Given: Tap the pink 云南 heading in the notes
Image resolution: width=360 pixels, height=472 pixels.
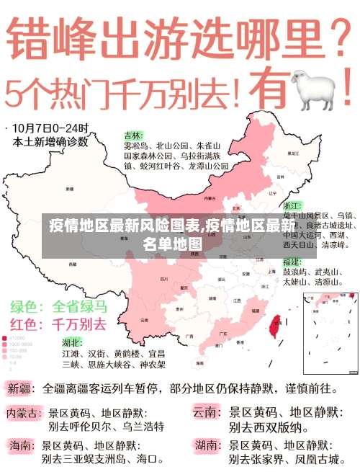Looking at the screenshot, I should (x=207, y=413).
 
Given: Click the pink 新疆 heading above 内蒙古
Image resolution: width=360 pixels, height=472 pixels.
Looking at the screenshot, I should (x=20, y=389).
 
